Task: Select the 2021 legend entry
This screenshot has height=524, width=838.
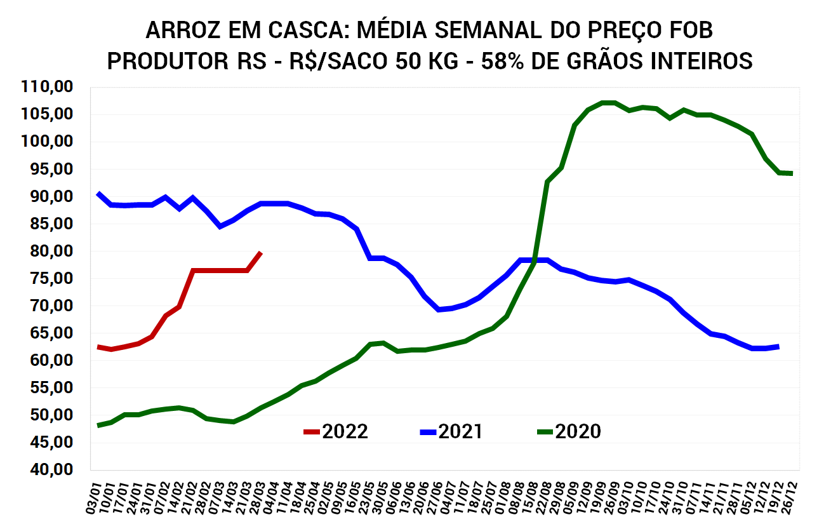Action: click(451, 432)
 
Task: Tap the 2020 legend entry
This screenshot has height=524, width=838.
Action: click(569, 432)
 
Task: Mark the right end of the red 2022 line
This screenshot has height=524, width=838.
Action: click(261, 253)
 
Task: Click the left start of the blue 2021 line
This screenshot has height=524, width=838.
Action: click(98, 193)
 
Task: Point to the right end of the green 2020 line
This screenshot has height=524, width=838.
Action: click(792, 173)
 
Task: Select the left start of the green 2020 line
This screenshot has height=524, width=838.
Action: click(98, 426)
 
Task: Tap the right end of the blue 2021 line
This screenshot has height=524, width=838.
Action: click(778, 346)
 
